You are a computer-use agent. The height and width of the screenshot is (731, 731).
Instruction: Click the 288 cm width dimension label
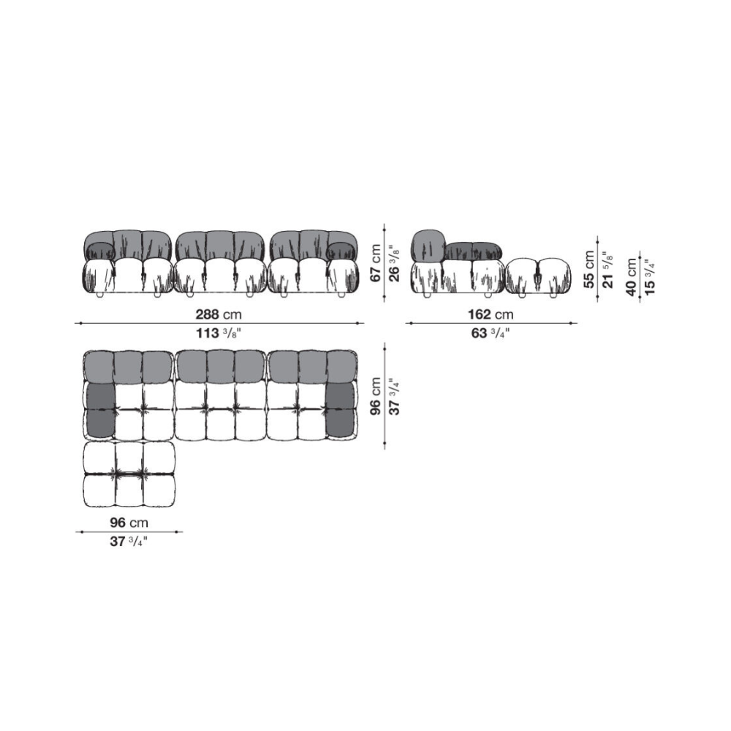tap(218, 314)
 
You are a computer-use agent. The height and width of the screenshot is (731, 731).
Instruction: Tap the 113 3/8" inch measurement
tap(218, 333)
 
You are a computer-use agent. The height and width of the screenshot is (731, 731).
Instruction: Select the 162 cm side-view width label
tap(491, 314)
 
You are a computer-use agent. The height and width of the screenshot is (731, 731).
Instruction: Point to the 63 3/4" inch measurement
tap(491, 333)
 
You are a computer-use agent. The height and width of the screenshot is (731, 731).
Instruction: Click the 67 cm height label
tap(375, 263)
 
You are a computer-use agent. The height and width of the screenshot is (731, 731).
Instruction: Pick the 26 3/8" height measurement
tap(395, 263)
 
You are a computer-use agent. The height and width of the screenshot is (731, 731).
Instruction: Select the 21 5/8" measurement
tap(608, 270)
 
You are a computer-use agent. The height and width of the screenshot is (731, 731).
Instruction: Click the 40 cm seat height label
tap(632, 277)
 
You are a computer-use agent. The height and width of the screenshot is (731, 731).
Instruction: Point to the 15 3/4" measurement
tap(650, 277)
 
